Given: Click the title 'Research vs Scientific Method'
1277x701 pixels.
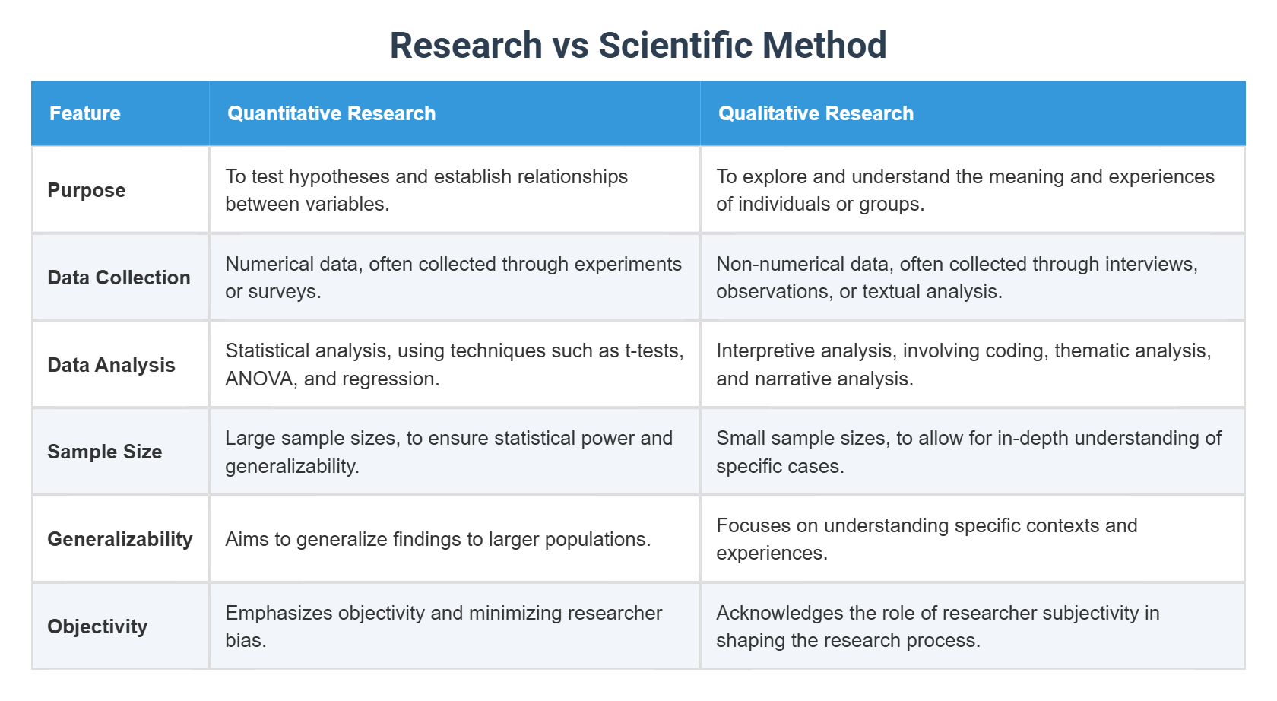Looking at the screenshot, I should click(638, 45).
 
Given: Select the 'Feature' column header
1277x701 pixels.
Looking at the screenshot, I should click(85, 113).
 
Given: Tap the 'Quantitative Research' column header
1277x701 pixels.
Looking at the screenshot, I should click(331, 113).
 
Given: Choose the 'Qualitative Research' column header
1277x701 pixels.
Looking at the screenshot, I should click(816, 113).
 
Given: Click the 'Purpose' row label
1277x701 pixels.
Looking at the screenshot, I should click(87, 190).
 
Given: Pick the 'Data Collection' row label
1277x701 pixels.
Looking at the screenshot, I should click(119, 278).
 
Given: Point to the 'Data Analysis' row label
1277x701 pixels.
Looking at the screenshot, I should click(111, 365).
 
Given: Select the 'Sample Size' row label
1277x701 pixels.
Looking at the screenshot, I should click(105, 452).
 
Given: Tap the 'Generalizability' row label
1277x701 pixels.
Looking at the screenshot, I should click(120, 539).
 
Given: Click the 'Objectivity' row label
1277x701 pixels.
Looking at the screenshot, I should click(97, 626).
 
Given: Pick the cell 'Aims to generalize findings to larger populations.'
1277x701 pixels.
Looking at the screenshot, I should click(438, 539).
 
